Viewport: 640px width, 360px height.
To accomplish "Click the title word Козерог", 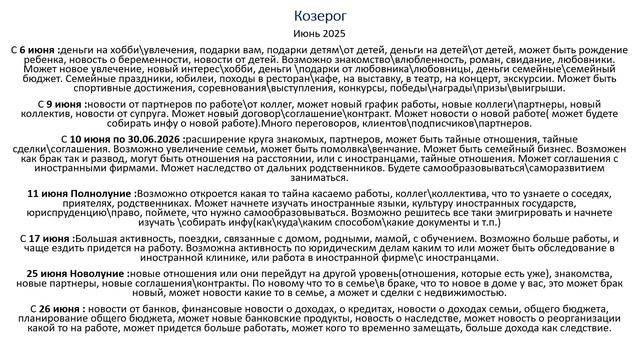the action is click(320, 15).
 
